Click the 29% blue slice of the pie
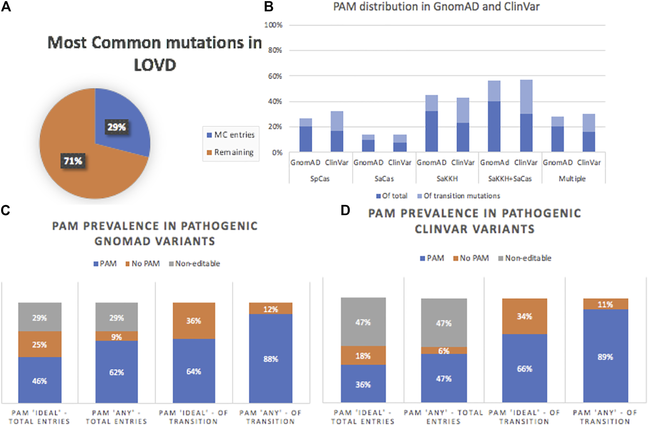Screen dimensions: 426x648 point(121,121)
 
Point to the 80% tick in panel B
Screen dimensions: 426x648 point(275,50)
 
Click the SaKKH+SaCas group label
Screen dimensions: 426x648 point(510,179)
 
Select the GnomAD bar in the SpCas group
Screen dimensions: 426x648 point(306,135)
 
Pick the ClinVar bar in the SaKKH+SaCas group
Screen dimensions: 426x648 point(526,117)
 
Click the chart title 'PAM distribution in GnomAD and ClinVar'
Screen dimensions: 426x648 point(436,7)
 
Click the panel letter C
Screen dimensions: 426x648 point(5,210)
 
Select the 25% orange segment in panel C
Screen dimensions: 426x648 point(39,344)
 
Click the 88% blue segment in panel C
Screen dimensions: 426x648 point(271,359)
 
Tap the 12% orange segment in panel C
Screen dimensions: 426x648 point(271,309)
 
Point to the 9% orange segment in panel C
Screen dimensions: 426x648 point(116,336)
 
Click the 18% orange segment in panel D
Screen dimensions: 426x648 point(363,355)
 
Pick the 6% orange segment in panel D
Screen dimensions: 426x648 point(444,351)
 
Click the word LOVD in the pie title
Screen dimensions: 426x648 point(155,65)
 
